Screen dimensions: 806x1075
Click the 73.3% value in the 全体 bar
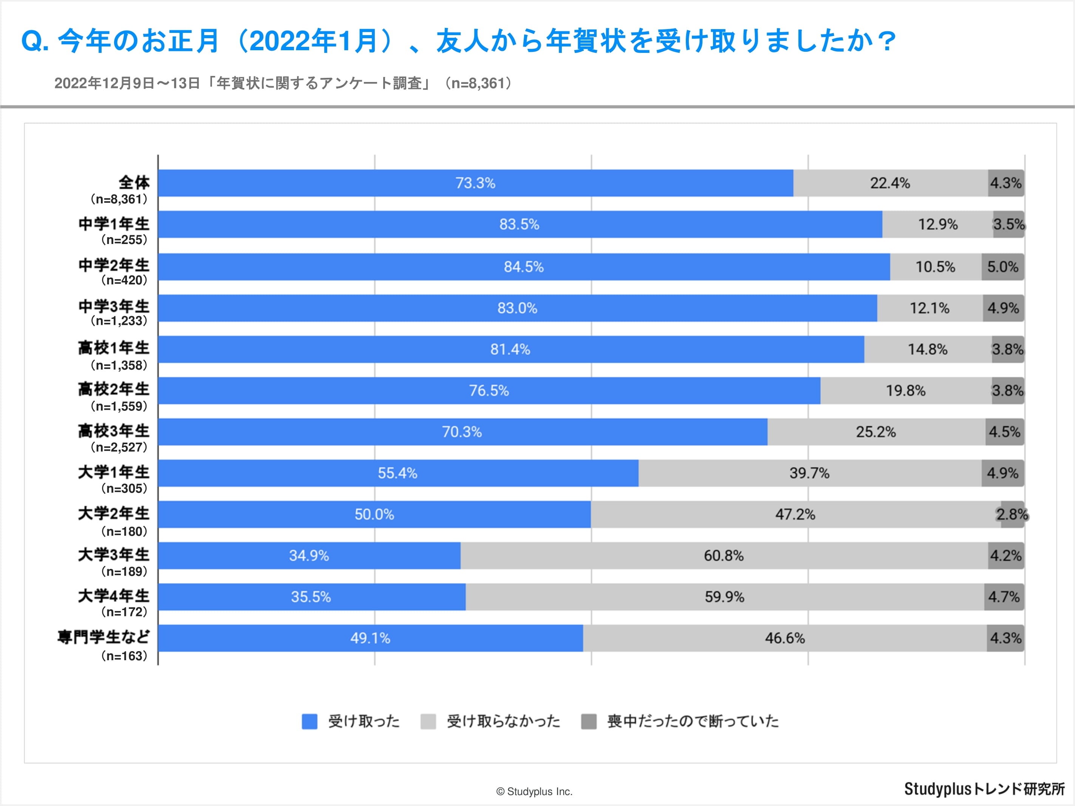tap(475, 183)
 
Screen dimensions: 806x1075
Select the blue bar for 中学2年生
tap(524, 267)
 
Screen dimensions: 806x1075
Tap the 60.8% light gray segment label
tap(724, 556)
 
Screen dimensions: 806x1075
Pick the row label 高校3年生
tap(114, 431)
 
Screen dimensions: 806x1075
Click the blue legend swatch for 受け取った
tap(309, 721)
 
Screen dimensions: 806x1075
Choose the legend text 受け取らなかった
tap(503, 721)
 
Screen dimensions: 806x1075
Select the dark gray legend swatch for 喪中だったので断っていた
tap(589, 721)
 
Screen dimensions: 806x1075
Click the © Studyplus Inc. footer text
tap(534, 791)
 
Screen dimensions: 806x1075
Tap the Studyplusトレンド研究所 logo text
tap(984, 789)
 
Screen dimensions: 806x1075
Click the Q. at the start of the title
tap(35, 41)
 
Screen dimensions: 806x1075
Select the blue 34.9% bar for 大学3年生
tap(309, 556)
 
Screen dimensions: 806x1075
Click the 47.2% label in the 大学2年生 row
tap(795, 514)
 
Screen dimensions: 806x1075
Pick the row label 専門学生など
tap(104, 637)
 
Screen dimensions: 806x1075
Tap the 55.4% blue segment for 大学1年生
tap(398, 473)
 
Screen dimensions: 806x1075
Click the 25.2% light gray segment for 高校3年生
tap(876, 432)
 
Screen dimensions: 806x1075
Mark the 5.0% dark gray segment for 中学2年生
tap(1002, 267)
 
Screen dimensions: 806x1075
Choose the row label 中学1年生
tap(114, 224)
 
